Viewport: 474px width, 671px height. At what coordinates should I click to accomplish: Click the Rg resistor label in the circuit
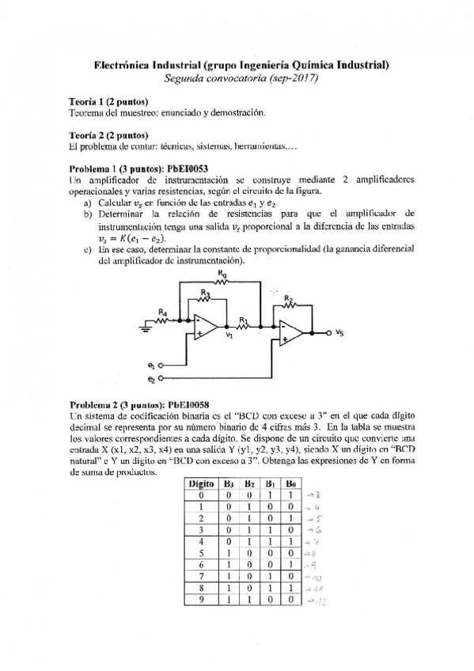[x=221, y=273]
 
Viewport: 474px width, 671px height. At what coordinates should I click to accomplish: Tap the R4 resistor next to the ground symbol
[x=163, y=320]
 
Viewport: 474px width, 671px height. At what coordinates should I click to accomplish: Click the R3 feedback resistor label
[x=206, y=292]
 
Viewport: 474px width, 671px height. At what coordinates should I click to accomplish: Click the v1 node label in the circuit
[x=229, y=336]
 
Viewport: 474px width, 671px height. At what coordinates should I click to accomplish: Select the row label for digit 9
[x=202, y=601]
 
